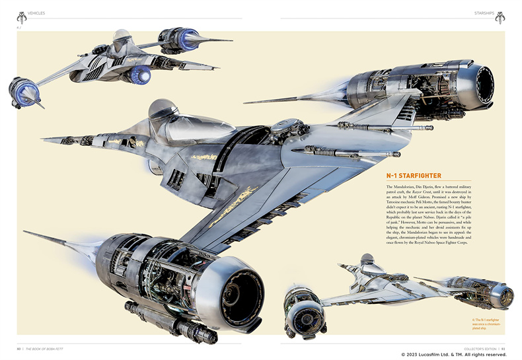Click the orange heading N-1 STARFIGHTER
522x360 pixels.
(423, 176)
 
